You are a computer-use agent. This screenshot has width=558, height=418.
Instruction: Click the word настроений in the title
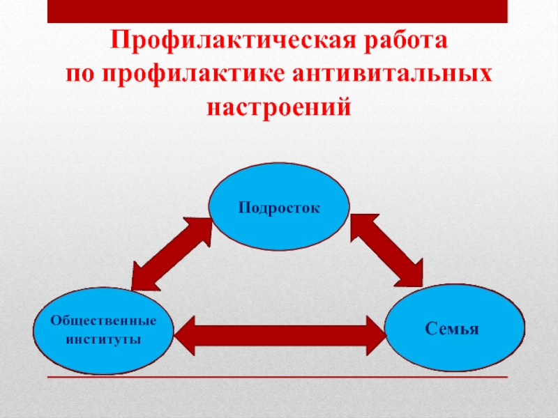[x=278, y=108]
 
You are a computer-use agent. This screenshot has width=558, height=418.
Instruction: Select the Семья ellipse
[x=455, y=327]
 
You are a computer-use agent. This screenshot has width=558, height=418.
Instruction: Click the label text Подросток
[x=278, y=206]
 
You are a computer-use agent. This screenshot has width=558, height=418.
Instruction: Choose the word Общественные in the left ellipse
[x=103, y=321]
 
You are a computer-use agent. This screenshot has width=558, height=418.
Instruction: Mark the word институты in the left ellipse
[x=103, y=339]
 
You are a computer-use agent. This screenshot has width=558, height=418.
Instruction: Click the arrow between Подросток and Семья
[x=386, y=250]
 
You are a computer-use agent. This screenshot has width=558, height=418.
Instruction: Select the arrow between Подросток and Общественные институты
[x=172, y=254]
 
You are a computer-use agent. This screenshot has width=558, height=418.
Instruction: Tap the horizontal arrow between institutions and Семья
[x=279, y=336]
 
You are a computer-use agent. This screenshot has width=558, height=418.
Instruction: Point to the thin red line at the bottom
[x=279, y=377]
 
